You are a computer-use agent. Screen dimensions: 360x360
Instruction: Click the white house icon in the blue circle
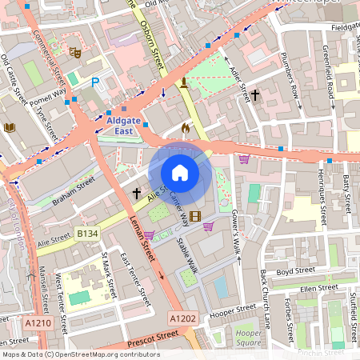pyautogui.click(x=180, y=173)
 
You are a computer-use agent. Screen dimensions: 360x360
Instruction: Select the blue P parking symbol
pyautogui.click(x=95, y=82)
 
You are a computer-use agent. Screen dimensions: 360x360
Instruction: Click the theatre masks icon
pyautogui.click(x=76, y=53)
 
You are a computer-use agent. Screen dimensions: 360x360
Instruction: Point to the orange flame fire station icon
pyautogui.click(x=186, y=127)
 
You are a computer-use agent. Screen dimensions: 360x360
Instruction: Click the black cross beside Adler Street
pyautogui.click(x=255, y=95)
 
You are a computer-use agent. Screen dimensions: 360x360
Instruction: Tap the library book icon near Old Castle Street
pyautogui.click(x=10, y=127)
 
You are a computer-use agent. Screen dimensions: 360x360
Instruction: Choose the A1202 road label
pyautogui.click(x=182, y=318)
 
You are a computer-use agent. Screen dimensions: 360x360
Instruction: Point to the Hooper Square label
pyautogui.click(x=250, y=337)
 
